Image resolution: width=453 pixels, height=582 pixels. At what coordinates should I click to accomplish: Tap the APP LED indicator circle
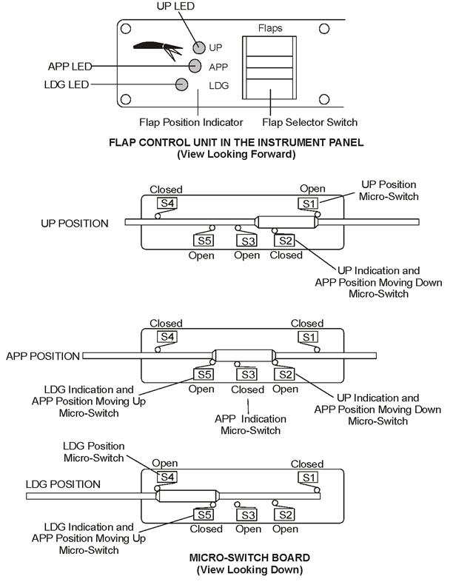[x=196, y=66]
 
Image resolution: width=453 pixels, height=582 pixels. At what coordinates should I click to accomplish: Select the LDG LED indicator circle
[x=182, y=84]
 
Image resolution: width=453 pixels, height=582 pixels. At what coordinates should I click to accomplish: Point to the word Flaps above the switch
[x=270, y=28]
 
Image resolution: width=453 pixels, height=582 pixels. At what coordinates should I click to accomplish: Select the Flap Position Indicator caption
[x=191, y=121]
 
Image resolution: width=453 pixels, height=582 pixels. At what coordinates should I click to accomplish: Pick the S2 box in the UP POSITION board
[x=284, y=240]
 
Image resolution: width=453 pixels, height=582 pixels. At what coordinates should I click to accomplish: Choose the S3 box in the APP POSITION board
[x=246, y=375]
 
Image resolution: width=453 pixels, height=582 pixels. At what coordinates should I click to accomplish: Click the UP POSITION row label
[x=74, y=223]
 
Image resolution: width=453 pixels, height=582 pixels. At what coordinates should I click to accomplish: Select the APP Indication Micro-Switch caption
[x=247, y=424]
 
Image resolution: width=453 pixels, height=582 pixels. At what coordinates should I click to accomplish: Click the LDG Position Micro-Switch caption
[x=95, y=452]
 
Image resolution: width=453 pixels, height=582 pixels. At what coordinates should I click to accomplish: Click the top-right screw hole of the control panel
[x=323, y=30]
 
